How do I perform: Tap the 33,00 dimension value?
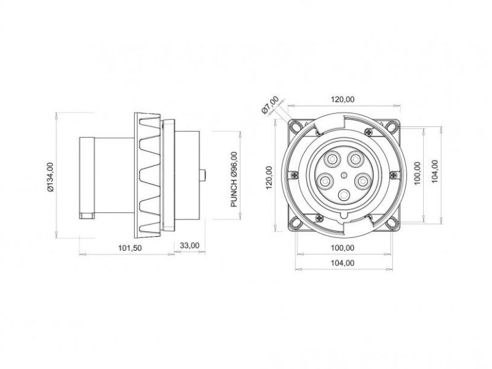[189, 245]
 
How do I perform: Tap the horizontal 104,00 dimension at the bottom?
[343, 263]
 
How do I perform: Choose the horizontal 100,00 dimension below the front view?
[343, 248]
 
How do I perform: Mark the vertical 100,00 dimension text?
[418, 174]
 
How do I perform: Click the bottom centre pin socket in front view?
[344, 196]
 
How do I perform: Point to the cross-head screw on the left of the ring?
[297, 175]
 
